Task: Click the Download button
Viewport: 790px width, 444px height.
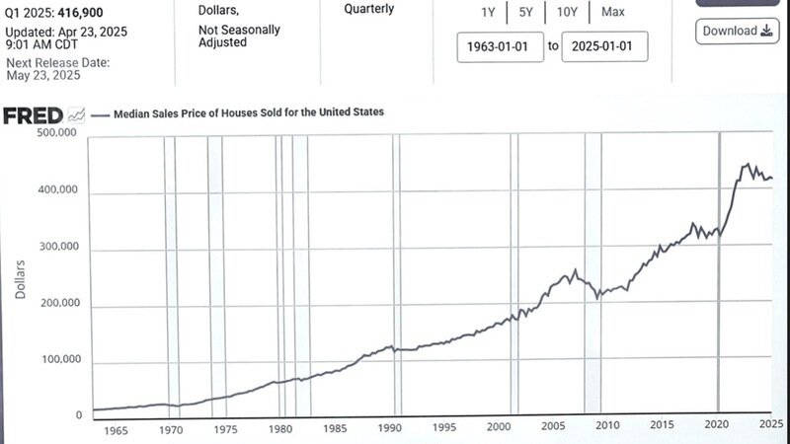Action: pos(737,31)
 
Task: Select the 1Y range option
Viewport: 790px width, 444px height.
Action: pos(488,13)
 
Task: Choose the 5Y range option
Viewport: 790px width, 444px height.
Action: pos(526,13)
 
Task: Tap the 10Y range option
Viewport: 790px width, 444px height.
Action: pos(566,13)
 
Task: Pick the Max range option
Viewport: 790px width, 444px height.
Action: pos(612,13)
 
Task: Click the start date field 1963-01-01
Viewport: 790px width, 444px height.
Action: pos(500,46)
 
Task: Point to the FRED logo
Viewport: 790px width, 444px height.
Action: pos(34,115)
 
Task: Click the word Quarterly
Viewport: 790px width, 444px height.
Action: pos(368,9)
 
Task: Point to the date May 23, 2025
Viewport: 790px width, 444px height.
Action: pos(43,74)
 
